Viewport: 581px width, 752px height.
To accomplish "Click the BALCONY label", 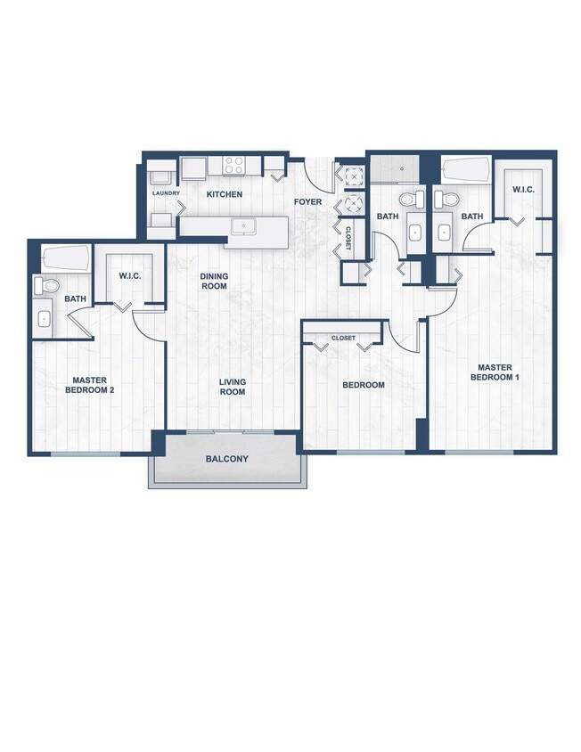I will [226, 459].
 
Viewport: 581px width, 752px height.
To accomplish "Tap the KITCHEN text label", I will [225, 194].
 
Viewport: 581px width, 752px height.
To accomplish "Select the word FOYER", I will [308, 201].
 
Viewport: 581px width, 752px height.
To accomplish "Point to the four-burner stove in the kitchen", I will [234, 165].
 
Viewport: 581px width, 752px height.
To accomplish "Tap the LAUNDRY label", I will [166, 193].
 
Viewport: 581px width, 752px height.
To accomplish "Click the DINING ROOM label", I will [214, 282].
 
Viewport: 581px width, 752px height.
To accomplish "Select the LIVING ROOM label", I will [233, 387].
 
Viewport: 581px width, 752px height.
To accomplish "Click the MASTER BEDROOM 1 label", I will [495, 372].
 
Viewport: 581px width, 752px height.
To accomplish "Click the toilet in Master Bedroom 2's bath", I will [47, 286].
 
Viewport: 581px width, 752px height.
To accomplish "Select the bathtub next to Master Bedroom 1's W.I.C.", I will [465, 169].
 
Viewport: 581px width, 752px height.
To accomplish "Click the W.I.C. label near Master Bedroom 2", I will [129, 275].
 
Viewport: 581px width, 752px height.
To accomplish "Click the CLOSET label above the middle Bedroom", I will [343, 339].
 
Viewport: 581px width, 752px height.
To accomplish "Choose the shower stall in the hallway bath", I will [394, 168].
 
